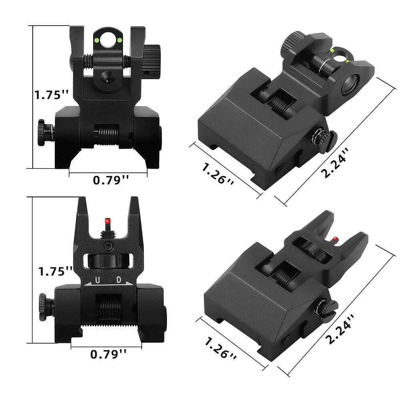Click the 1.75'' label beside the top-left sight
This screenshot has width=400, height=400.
[x=52, y=95]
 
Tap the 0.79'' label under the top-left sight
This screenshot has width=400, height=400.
[x=111, y=180]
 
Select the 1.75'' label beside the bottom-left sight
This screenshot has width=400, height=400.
[x=55, y=271]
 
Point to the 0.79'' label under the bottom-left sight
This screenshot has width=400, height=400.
[x=108, y=354]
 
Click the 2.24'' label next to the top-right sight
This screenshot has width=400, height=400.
[x=334, y=163]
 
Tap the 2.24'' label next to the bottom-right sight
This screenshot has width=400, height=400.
[x=340, y=329]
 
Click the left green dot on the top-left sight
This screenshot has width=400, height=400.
[x=97, y=40]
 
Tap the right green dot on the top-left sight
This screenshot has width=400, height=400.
[x=119, y=40]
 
